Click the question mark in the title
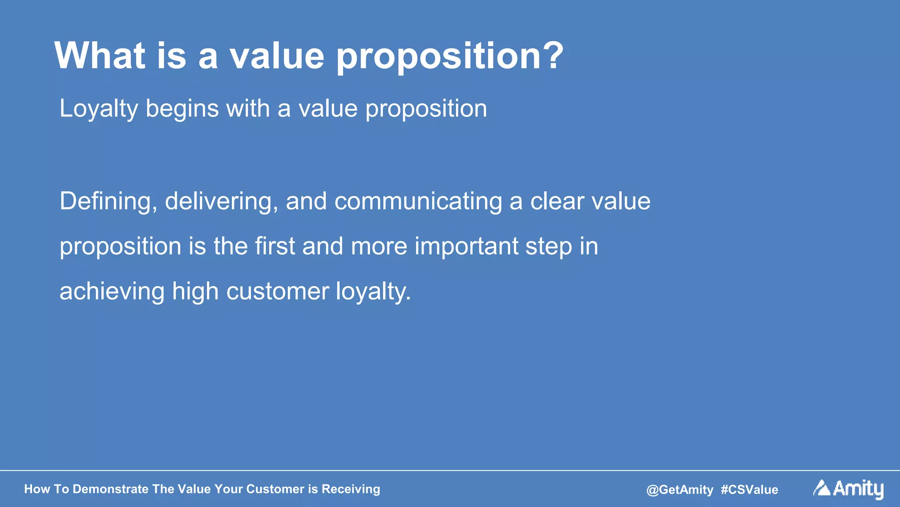tap(550, 55)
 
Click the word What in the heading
tap(100, 55)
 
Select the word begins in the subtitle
tap(182, 109)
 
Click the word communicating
tap(418, 202)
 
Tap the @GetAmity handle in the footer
tap(679, 490)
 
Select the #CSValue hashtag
tap(749, 490)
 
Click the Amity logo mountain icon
tap(821, 488)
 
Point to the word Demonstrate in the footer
tap(110, 489)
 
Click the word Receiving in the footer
tap(351, 489)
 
